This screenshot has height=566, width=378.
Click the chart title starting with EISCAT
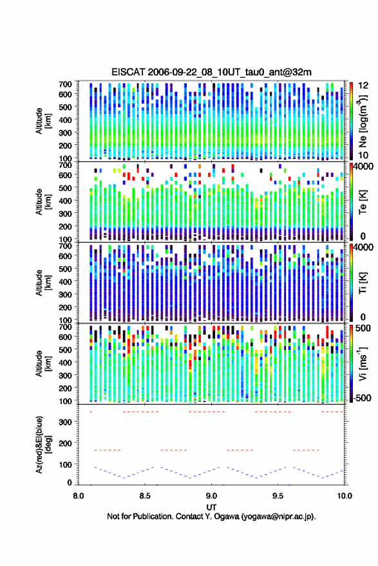pyautogui.click(x=211, y=72)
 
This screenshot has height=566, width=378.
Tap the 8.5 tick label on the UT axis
pyautogui.click(x=145, y=496)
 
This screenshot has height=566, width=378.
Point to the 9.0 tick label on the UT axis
pyautogui.click(x=211, y=496)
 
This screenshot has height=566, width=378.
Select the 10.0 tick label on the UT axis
pyautogui.click(x=345, y=496)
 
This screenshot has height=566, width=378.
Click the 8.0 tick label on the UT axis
pyautogui.click(x=79, y=496)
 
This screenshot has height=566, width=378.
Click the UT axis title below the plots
pyautogui.click(x=211, y=507)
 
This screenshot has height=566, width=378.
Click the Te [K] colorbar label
pyautogui.click(x=363, y=202)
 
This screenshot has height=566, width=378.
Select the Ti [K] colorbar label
pyautogui.click(x=363, y=283)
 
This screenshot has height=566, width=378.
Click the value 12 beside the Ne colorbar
pyautogui.click(x=364, y=86)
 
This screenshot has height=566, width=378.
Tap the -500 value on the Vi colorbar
pyautogui.click(x=361, y=398)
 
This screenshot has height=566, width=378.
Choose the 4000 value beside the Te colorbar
pyautogui.click(x=363, y=167)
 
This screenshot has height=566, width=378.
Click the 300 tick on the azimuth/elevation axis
pyautogui.click(x=65, y=422)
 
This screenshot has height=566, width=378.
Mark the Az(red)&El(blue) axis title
pyautogui.click(x=43, y=444)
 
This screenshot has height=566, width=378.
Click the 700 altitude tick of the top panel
pyautogui.click(x=65, y=84)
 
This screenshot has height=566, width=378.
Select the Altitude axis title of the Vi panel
pyautogui.click(x=43, y=363)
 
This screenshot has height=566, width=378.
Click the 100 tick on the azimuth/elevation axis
pyautogui.click(x=65, y=464)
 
